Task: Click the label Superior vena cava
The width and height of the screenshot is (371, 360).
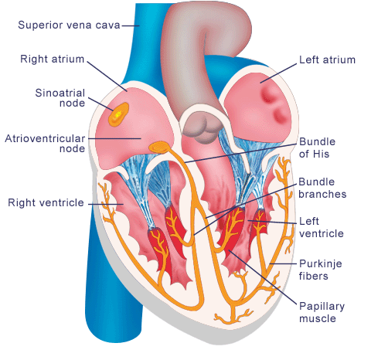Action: pyautogui.click(x=69, y=25)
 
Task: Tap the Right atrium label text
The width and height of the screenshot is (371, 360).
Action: pyautogui.click(x=53, y=59)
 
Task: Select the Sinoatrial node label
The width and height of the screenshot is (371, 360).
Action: pyautogui.click(x=60, y=98)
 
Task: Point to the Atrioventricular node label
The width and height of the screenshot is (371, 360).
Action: pyautogui.click(x=45, y=144)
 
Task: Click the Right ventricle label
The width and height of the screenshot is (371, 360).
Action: pyautogui.click(x=46, y=202)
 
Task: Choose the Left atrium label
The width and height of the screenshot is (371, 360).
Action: pyautogui.click(x=327, y=59)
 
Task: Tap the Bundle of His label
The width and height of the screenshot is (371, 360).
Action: pyautogui.click(x=317, y=148)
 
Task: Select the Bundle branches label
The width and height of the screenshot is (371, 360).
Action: pyautogui.click(x=322, y=188)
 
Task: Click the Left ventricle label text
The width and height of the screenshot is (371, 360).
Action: pyautogui.click(x=322, y=227)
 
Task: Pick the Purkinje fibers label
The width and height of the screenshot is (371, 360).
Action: pyautogui.click(x=321, y=270)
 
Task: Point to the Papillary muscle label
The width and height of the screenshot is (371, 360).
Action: pyautogui.click(x=322, y=312)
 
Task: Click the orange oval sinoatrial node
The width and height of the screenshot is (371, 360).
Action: pyautogui.click(x=118, y=114)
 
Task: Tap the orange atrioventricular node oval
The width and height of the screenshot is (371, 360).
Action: pyautogui.click(x=159, y=148)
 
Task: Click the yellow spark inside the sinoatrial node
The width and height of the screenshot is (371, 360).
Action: pyautogui.click(x=117, y=114)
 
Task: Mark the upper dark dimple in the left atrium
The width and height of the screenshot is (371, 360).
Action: pyautogui.click(x=268, y=94)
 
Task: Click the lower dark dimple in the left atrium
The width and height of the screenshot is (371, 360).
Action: pyautogui.click(x=280, y=114)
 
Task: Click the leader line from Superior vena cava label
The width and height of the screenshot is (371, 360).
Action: pyautogui.click(x=131, y=25)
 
